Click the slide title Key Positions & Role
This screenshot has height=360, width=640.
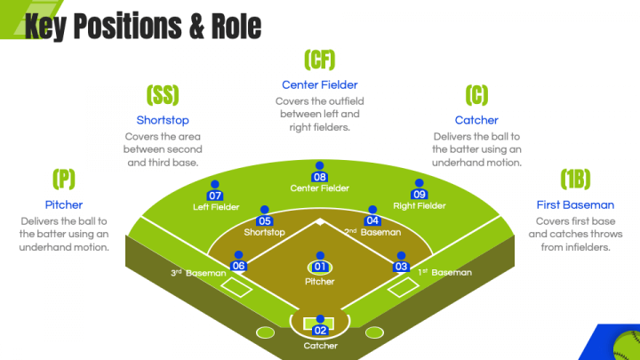point(142,26)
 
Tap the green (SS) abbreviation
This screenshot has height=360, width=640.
point(163,95)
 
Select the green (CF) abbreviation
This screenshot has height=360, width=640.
point(319,60)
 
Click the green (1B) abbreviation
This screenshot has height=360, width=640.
point(575,180)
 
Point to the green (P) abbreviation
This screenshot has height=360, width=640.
point(63,180)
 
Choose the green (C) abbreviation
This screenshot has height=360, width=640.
point(476,95)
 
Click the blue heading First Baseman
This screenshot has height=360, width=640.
point(575,204)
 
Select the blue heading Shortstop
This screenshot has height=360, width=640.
point(163,120)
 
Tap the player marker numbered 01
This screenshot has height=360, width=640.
point(320,265)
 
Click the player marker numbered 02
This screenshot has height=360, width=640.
point(320,328)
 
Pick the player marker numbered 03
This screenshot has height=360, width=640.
point(401,264)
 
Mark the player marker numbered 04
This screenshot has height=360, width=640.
point(372,219)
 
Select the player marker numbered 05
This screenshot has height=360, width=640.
point(264,219)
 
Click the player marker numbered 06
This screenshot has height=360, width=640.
point(238,264)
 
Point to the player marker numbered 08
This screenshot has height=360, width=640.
point(320,174)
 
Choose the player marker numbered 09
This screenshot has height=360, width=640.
point(420,193)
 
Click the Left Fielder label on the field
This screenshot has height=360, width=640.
point(215,207)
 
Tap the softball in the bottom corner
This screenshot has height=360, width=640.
point(627,343)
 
